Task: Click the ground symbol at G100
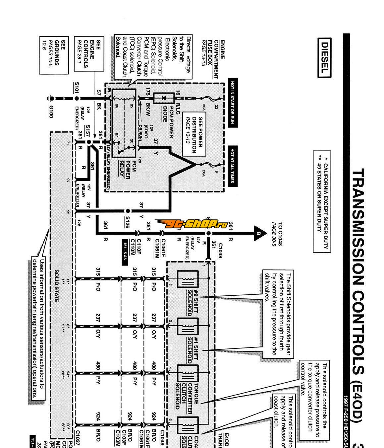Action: (x=51, y=99)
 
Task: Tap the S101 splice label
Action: (x=77, y=88)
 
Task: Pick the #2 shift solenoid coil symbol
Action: (x=188, y=279)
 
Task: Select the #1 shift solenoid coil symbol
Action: (x=188, y=326)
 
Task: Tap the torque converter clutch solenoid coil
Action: (x=188, y=373)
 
